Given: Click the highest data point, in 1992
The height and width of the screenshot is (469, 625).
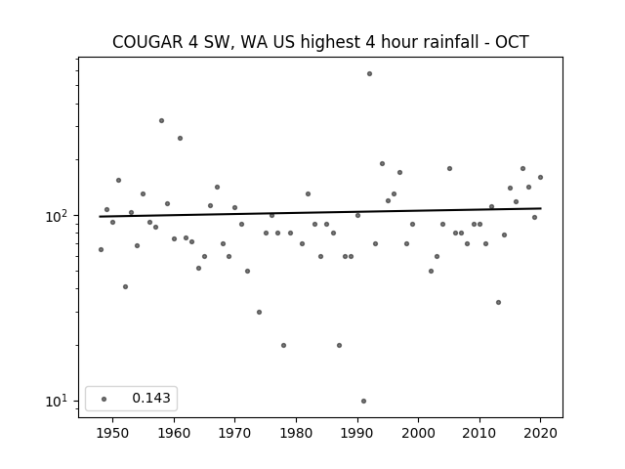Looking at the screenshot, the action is click(x=369, y=74).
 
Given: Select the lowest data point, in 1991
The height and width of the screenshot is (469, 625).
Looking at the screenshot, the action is click(x=363, y=402).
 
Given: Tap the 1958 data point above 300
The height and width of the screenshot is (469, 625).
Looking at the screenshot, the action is click(x=161, y=121).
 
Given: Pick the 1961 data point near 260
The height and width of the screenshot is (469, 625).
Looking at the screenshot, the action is click(x=180, y=139).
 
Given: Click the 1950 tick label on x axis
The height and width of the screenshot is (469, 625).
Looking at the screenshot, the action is click(x=113, y=433).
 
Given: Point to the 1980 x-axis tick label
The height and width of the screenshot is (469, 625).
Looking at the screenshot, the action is click(x=296, y=433).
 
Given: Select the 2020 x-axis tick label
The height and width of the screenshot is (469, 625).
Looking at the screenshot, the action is click(x=540, y=433).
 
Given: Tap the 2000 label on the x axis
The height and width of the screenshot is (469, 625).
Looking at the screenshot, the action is click(x=419, y=433).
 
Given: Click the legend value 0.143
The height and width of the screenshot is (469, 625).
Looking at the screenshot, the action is click(x=151, y=398).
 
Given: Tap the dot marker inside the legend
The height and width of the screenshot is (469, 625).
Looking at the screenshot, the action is click(x=104, y=399).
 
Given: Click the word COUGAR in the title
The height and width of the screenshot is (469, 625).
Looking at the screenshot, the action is click(x=147, y=42).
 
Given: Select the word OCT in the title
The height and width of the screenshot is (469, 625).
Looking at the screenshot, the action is click(x=512, y=42).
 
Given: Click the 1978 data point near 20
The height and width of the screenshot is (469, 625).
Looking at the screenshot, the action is click(x=283, y=345).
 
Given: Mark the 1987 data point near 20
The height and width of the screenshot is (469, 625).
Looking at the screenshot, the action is click(x=339, y=345).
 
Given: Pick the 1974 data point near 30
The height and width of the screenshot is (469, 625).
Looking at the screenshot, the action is click(x=259, y=313).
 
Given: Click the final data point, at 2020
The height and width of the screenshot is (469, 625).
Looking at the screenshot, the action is click(x=540, y=178).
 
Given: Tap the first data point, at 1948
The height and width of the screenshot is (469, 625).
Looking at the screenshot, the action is click(x=101, y=250).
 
